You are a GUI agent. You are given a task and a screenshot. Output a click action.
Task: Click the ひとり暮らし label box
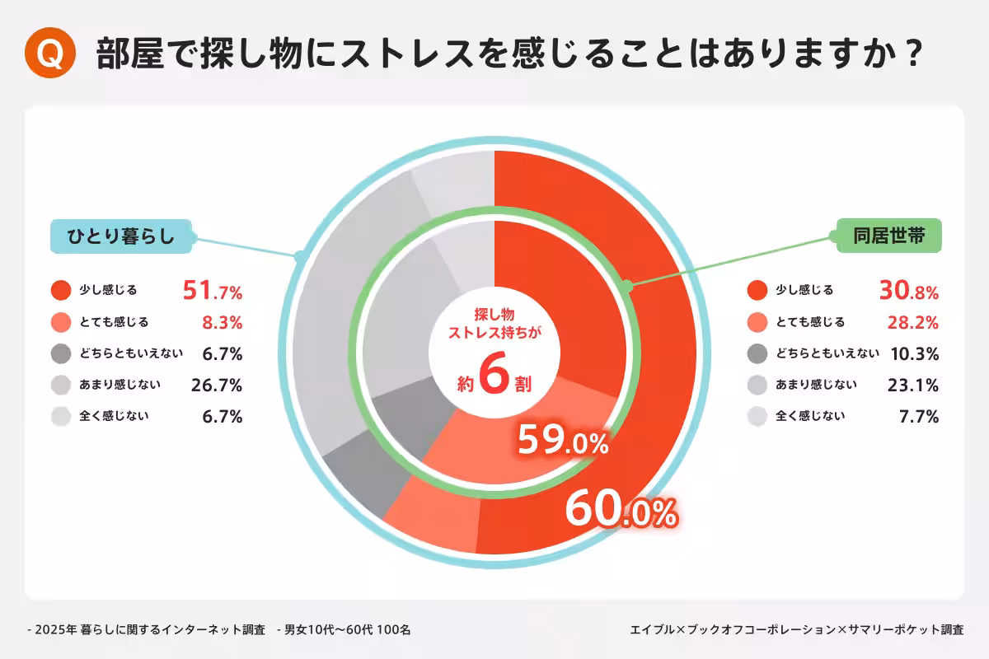122,236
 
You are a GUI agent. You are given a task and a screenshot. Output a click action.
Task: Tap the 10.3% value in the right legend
914,353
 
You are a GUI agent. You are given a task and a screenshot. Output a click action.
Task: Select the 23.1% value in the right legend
915,385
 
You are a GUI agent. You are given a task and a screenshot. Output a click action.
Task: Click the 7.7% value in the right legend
919,416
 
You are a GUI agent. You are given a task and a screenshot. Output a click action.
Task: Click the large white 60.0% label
621,511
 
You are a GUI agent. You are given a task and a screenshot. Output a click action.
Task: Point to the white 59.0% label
563,442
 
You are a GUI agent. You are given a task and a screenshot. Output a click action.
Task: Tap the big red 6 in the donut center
494,377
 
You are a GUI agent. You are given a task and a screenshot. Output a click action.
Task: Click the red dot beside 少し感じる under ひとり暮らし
61,290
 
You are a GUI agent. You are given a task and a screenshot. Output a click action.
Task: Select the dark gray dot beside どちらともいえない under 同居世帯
757,353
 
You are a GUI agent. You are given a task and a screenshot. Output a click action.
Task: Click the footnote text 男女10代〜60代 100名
347,630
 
